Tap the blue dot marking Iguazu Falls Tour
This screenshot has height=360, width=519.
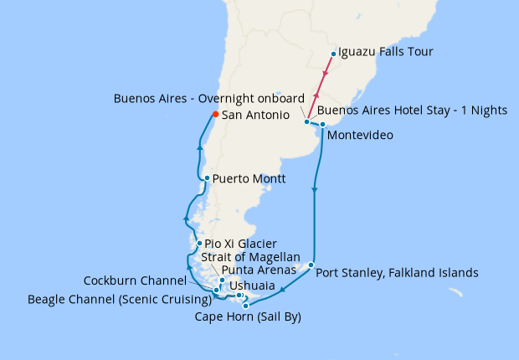click(333, 54)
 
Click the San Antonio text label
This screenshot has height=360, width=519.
click(255, 115)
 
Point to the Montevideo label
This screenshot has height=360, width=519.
click(360, 135)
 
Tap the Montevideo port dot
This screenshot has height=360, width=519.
click(322, 125)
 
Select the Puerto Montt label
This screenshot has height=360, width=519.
click(249, 178)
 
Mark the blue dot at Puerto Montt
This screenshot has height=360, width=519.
click(207, 178)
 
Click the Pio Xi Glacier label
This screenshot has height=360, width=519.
click(240, 244)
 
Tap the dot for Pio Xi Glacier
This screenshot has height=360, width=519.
click(198, 244)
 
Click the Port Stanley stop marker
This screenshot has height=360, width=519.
click(311, 265)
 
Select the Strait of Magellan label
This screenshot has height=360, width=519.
click(250, 256)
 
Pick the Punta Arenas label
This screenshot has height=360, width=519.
click(259, 270)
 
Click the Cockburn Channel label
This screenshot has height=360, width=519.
click(135, 280)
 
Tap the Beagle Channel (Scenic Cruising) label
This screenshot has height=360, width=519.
click(118, 299)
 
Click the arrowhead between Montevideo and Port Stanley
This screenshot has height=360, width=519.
click(314, 192)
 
